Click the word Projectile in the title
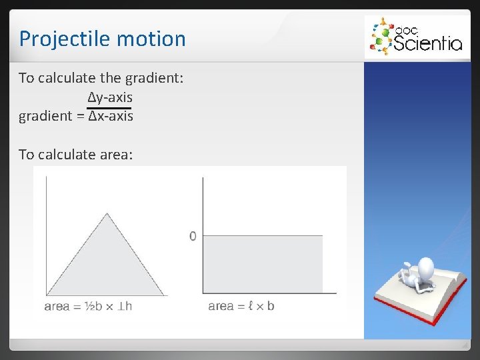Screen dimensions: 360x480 click(x=57, y=39)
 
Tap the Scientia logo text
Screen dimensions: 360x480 click(x=427, y=43)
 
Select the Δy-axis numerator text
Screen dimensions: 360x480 click(x=110, y=98)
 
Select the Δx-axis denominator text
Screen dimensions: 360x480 click(x=111, y=116)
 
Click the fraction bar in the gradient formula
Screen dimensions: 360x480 click(x=109, y=107)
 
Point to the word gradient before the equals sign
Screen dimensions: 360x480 click(x=45, y=116)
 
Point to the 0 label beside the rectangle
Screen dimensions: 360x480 click(x=193, y=236)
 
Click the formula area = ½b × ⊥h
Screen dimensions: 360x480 click(x=88, y=306)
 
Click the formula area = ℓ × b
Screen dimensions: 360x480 click(x=241, y=306)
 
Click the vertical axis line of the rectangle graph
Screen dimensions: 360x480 click(x=203, y=233)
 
